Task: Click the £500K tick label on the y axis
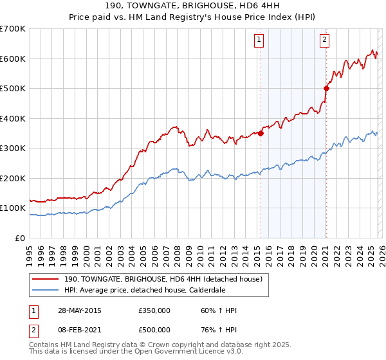13,89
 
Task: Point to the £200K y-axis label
13,178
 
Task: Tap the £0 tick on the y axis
19,238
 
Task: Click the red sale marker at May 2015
261,134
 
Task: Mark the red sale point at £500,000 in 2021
326,89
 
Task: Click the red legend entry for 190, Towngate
162,280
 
